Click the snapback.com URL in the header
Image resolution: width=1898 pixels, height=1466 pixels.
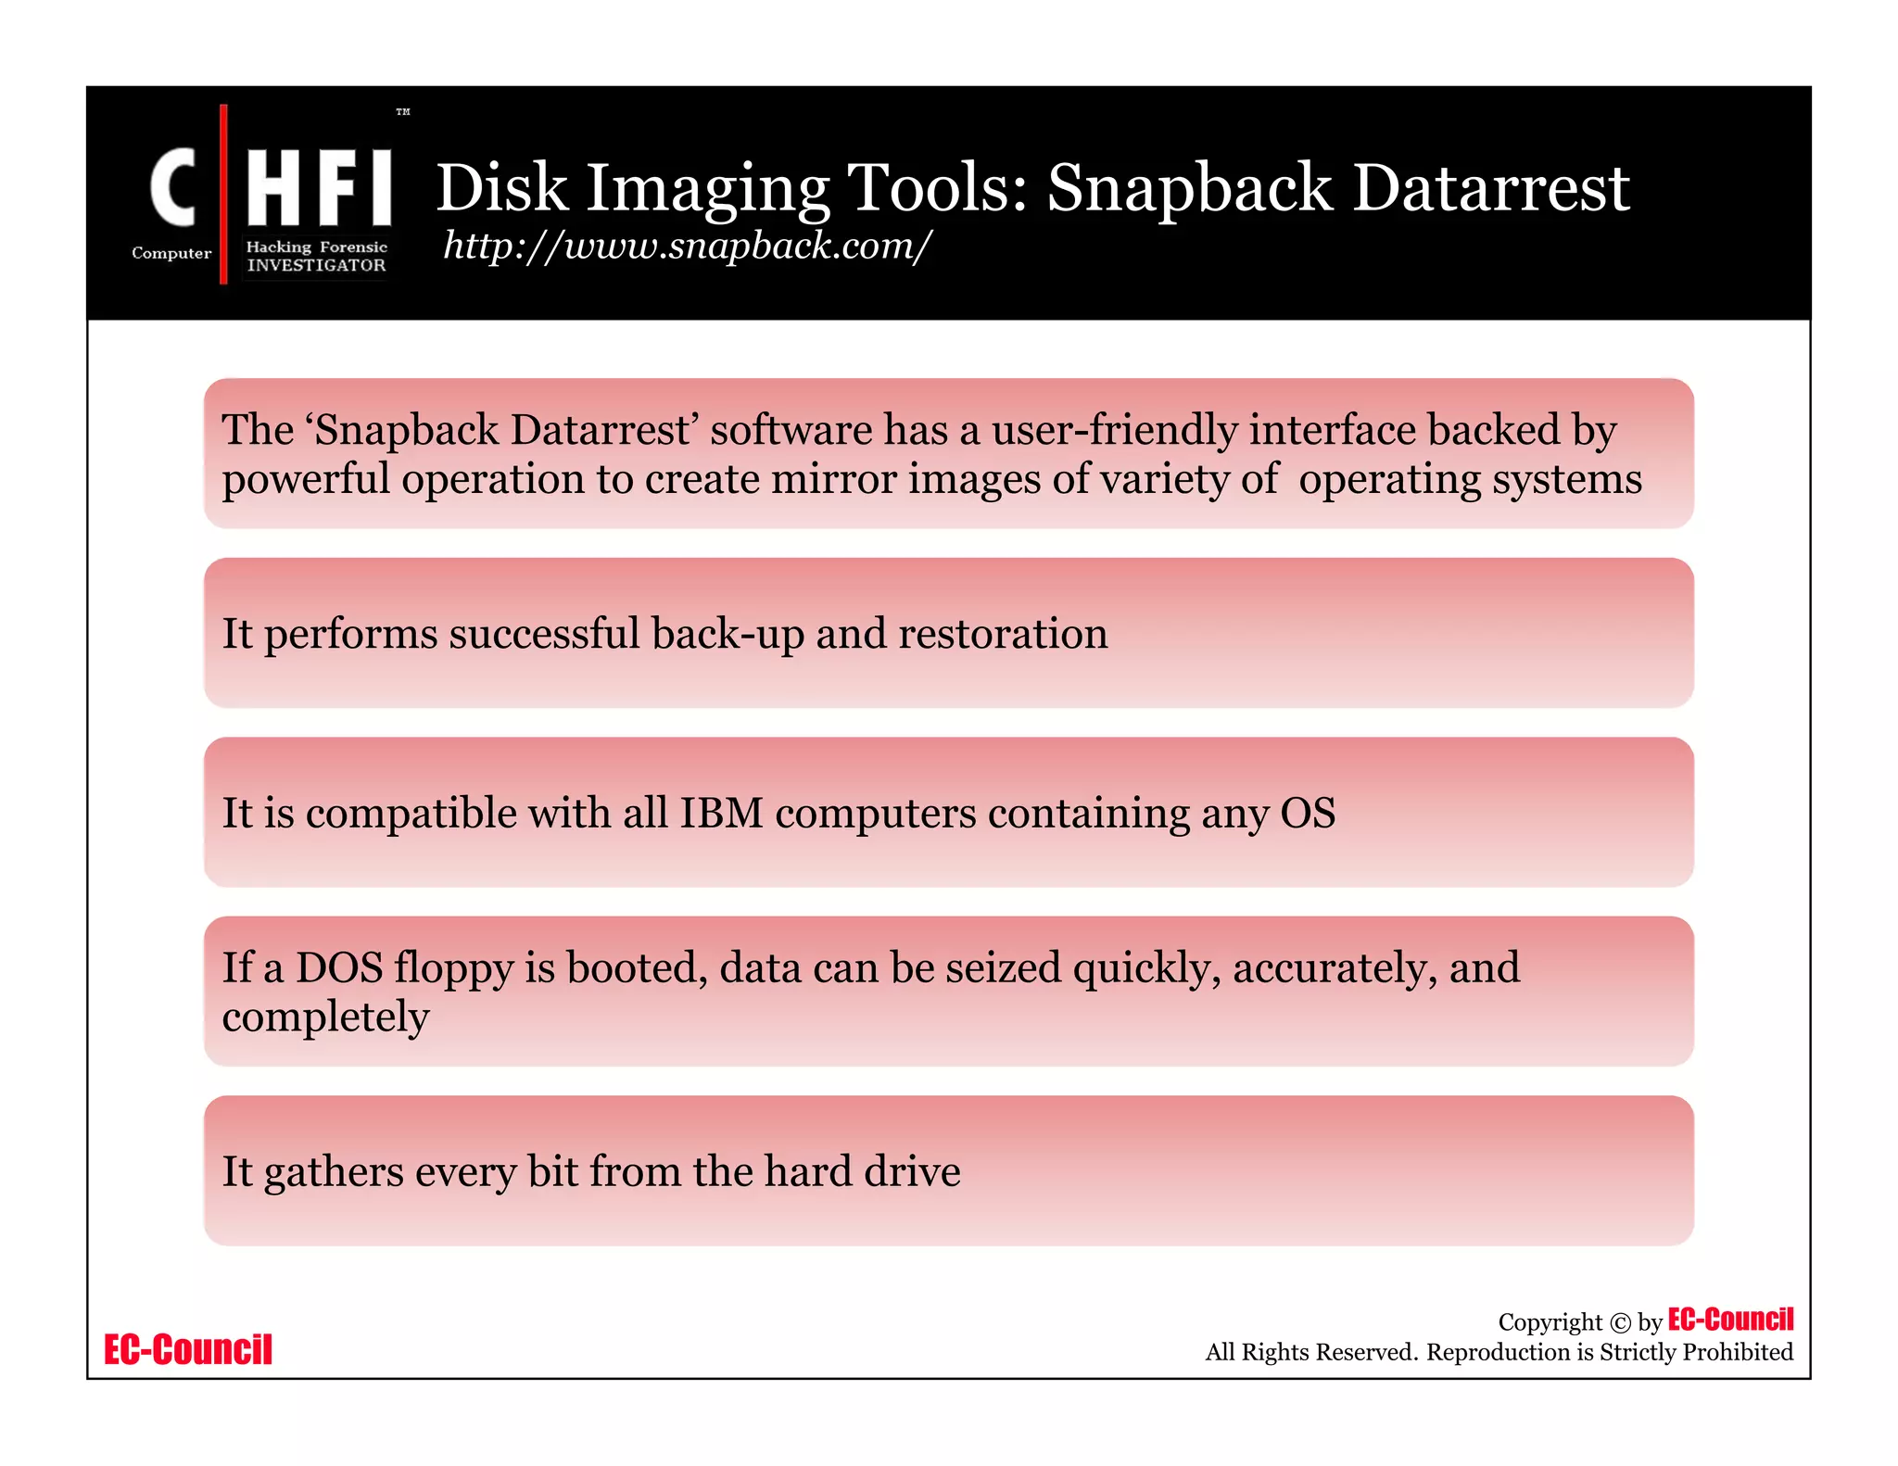tap(687, 246)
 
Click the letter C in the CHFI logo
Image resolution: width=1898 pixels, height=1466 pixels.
tap(173, 188)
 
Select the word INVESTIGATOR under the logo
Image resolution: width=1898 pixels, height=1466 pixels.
tap(316, 265)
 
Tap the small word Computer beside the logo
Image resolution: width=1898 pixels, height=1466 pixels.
tap(171, 253)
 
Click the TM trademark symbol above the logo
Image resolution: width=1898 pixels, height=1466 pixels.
tap(403, 112)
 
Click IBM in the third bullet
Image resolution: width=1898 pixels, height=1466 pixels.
tap(721, 814)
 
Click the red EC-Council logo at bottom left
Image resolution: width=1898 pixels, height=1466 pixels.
tap(188, 1350)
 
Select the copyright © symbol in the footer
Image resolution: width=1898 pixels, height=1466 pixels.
tap(1620, 1323)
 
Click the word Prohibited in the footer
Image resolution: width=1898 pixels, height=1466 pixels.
tap(1738, 1352)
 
